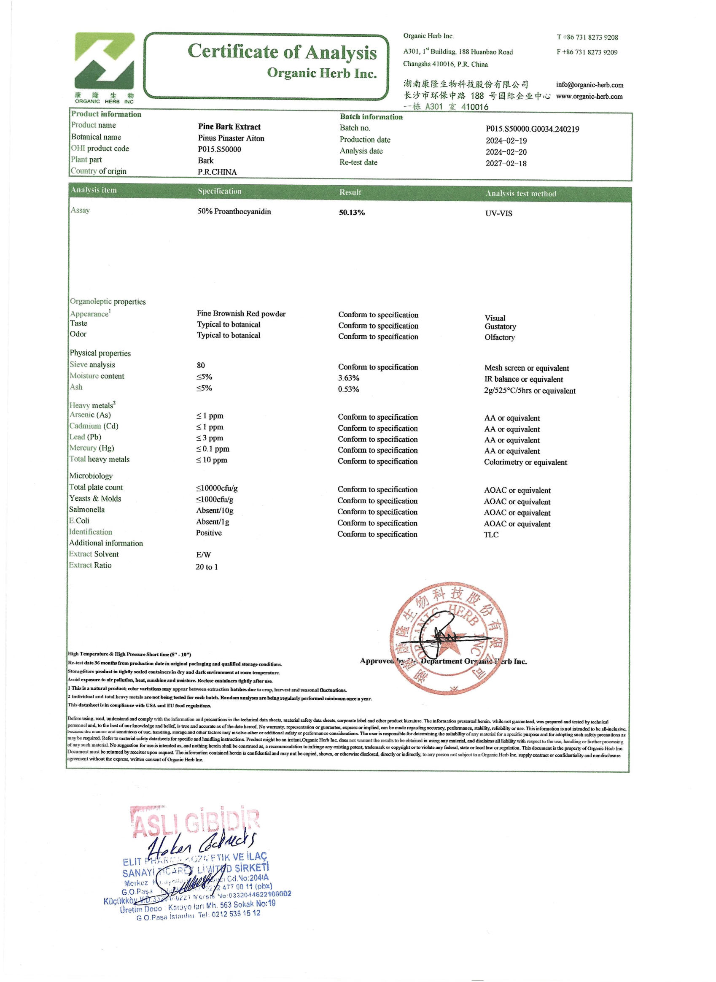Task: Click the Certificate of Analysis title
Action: tap(282, 52)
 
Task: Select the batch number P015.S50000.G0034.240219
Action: tap(532, 129)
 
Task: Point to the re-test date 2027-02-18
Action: tap(506, 163)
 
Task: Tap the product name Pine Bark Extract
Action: tap(229, 127)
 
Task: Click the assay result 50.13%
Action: tap(352, 213)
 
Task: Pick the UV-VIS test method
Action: tap(498, 213)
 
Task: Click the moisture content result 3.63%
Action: tap(348, 378)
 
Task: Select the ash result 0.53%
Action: tap(348, 389)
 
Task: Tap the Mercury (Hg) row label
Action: tap(92, 448)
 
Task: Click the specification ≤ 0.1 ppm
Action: tap(213, 449)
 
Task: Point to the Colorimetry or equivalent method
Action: tap(525, 462)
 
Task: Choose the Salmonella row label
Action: tap(87, 510)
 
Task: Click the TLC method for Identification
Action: tap(491, 534)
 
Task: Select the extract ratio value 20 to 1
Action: tap(207, 567)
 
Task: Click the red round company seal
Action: tap(449, 639)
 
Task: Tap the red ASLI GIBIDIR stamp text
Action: tap(195, 822)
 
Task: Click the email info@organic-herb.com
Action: tap(589, 85)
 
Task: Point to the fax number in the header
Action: tap(587, 52)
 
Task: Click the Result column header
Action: tap(350, 192)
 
